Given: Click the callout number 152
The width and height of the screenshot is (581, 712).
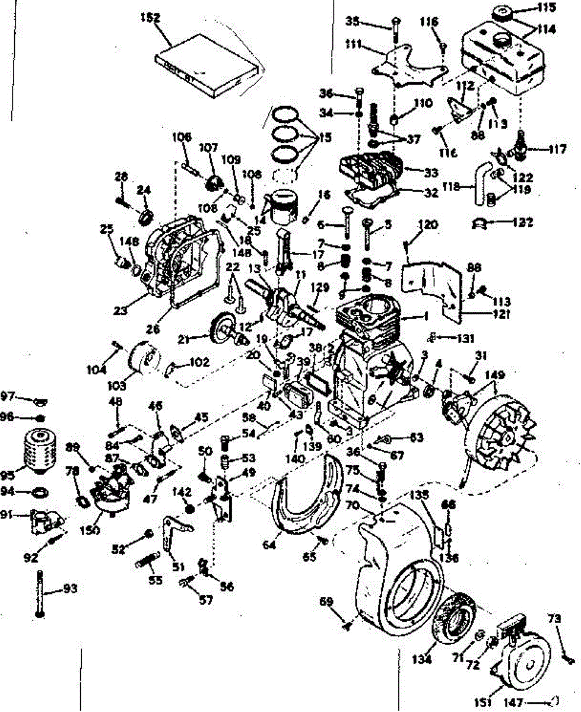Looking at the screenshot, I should tap(151, 18).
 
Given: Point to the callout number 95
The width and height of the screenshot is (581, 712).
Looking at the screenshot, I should tap(8, 475).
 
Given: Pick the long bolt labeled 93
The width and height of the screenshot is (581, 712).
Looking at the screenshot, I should tap(40, 594).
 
